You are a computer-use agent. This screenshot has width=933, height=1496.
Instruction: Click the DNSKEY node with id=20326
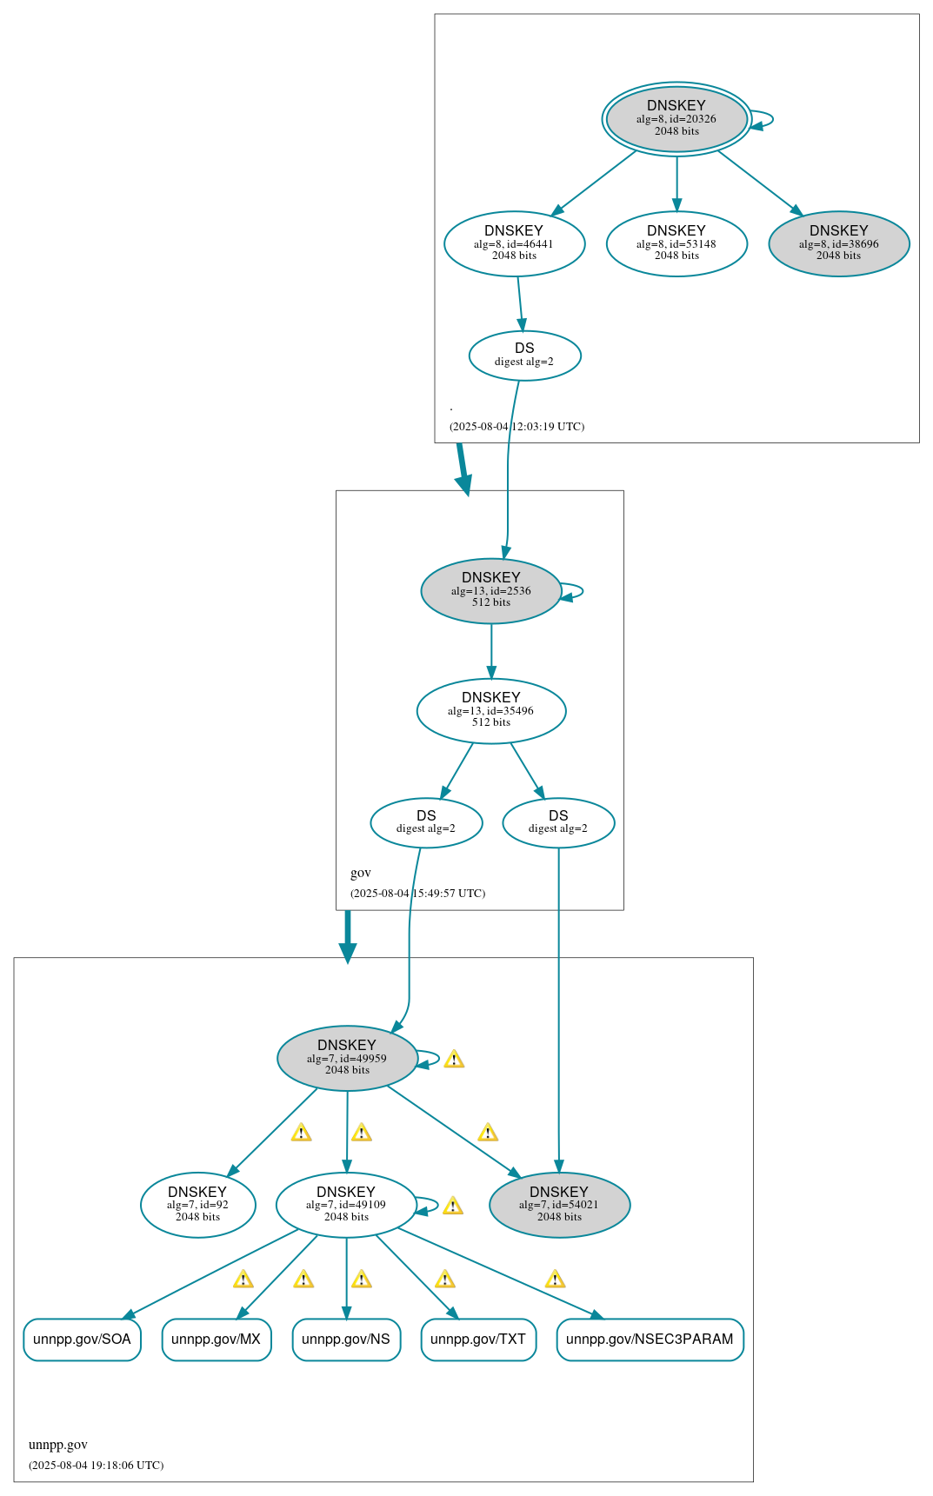click(x=676, y=119)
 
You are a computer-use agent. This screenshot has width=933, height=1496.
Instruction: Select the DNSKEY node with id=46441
click(x=514, y=243)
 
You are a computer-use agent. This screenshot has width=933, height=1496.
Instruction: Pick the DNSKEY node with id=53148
click(x=676, y=243)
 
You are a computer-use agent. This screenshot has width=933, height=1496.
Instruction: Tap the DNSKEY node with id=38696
click(x=839, y=243)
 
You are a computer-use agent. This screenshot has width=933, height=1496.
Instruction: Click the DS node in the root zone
click(x=524, y=355)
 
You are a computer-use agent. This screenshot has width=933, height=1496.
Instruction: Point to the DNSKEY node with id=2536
click(x=491, y=590)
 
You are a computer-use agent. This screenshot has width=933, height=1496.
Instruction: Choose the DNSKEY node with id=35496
click(x=491, y=710)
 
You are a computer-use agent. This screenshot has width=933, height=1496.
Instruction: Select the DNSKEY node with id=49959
click(x=347, y=1058)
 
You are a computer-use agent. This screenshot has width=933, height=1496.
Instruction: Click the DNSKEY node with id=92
click(x=197, y=1205)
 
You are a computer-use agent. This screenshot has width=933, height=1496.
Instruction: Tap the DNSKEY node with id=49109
click(x=346, y=1205)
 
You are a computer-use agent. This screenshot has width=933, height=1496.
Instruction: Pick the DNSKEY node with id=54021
click(x=559, y=1205)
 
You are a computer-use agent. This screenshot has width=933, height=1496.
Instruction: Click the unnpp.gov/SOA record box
click(x=82, y=1340)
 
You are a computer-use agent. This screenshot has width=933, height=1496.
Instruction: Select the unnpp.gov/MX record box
click(x=217, y=1340)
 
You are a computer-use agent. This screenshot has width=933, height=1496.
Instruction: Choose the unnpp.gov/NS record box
click(x=346, y=1340)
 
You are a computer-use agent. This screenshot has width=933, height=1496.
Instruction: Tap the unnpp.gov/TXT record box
click(x=478, y=1340)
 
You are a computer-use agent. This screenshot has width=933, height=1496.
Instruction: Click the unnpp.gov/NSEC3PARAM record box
click(x=650, y=1340)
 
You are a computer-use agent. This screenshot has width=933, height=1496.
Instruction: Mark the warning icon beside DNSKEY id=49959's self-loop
click(x=454, y=1060)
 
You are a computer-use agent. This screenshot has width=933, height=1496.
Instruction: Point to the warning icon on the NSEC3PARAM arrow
click(x=555, y=1280)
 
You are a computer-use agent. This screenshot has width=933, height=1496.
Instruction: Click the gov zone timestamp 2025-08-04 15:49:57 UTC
click(x=417, y=894)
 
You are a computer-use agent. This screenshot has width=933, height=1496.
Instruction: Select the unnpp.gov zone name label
click(x=58, y=1445)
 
